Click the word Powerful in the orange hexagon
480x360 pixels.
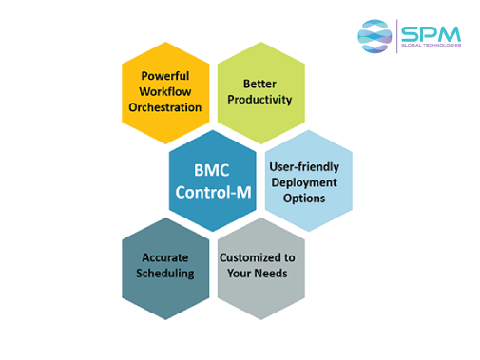click(165, 76)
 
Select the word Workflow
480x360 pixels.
click(165, 91)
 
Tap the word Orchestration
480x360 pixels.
click(165, 107)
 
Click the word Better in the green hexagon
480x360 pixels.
click(260, 83)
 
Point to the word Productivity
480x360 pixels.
click(260, 99)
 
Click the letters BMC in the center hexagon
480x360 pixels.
click(212, 171)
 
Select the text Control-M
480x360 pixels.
click(212, 192)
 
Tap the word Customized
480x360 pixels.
click(250, 257)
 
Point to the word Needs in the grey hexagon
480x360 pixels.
click(278, 274)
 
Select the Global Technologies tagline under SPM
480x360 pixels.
click(431, 45)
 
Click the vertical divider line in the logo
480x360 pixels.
click(397, 36)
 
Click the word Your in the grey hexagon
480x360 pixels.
click(243, 274)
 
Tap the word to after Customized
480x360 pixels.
click(289, 257)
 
